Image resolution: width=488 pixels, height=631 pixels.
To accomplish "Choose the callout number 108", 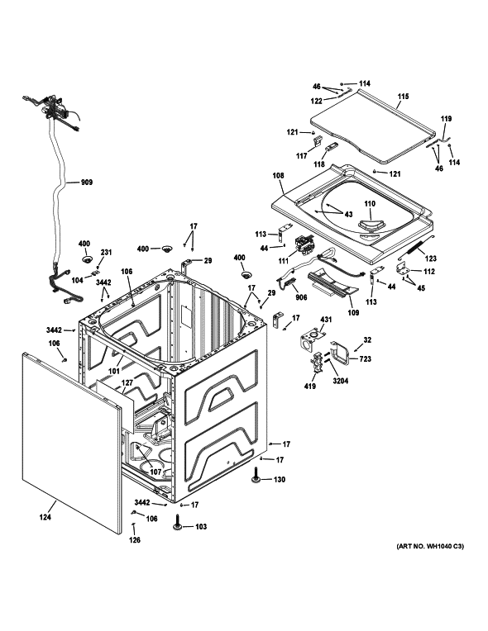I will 277,175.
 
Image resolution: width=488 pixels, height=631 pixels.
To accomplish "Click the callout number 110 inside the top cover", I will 369,203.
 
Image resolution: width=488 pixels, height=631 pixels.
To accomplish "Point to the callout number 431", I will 325,320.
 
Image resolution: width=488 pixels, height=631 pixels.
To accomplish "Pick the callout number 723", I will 365,358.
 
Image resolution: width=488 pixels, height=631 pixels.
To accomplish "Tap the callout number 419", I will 309,385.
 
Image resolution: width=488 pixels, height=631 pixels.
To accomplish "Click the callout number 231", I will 105,253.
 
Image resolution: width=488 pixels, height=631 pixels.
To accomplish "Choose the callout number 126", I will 134,541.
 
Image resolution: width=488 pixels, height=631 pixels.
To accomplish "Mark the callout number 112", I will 428,273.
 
